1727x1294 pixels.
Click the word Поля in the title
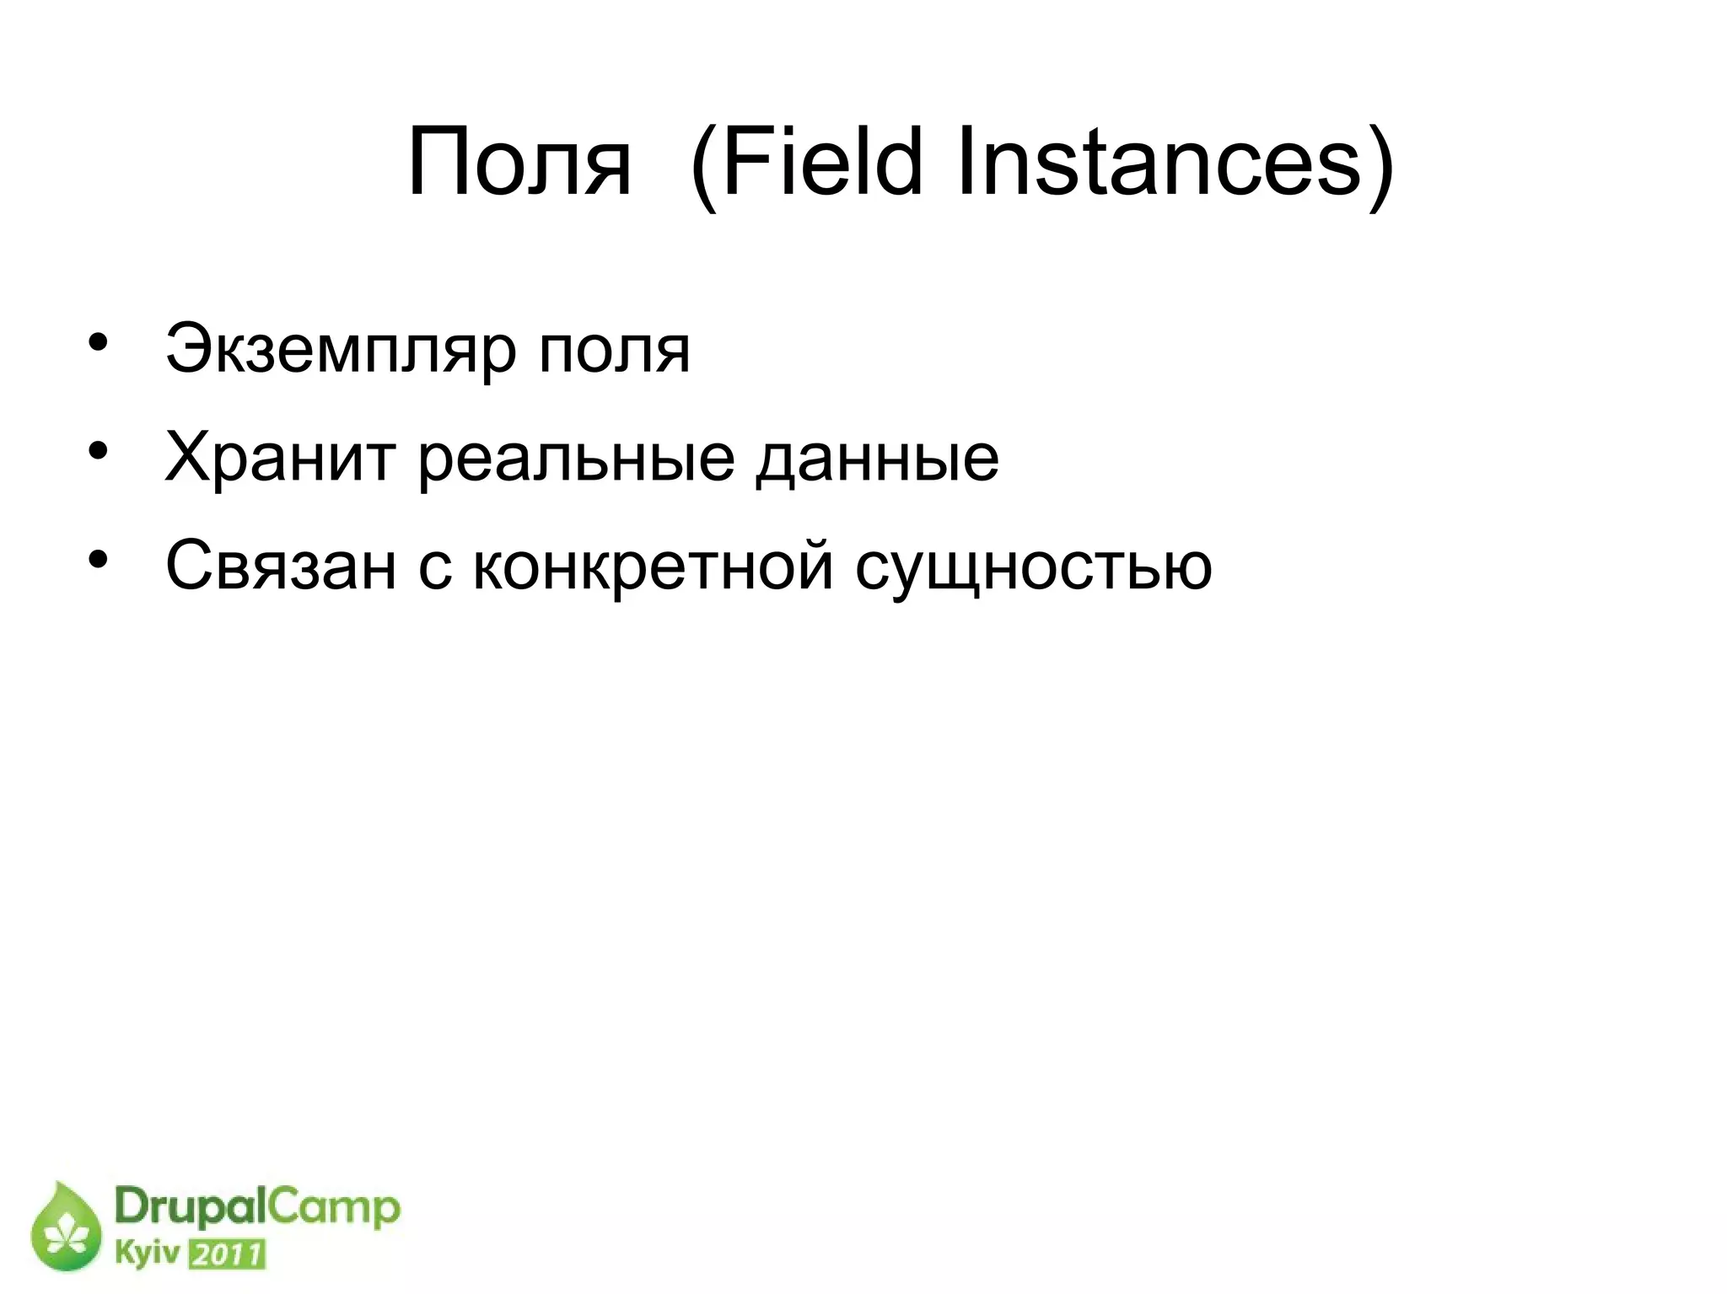click(518, 162)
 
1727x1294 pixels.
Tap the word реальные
click(576, 458)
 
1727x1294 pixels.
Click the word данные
click(877, 458)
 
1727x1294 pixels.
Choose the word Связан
click(280, 566)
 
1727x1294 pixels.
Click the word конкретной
click(654, 566)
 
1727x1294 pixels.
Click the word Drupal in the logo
click(190, 1208)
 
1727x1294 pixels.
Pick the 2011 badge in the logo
click(227, 1255)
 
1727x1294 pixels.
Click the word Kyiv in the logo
click(147, 1254)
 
